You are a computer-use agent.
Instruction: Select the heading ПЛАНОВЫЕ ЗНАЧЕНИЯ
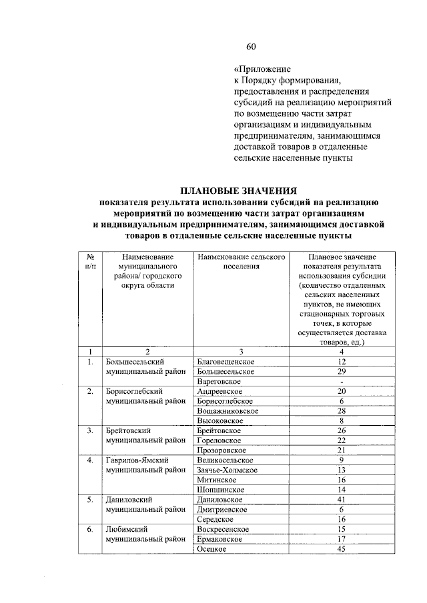(x=239, y=191)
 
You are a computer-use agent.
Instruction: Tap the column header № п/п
(x=89, y=261)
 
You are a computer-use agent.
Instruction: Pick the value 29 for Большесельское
(x=341, y=370)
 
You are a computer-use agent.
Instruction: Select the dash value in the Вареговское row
(x=341, y=380)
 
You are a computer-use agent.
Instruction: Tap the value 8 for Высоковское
(x=341, y=420)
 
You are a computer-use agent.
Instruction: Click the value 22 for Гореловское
(x=341, y=440)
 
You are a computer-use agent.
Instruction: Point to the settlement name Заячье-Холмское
(x=228, y=470)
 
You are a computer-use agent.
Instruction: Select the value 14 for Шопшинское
(x=341, y=489)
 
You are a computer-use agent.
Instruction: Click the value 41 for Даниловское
(x=341, y=499)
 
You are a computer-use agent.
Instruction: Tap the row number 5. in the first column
(x=89, y=499)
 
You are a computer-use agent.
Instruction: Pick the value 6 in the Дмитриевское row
(x=341, y=509)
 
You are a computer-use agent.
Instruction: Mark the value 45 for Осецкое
(x=341, y=548)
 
